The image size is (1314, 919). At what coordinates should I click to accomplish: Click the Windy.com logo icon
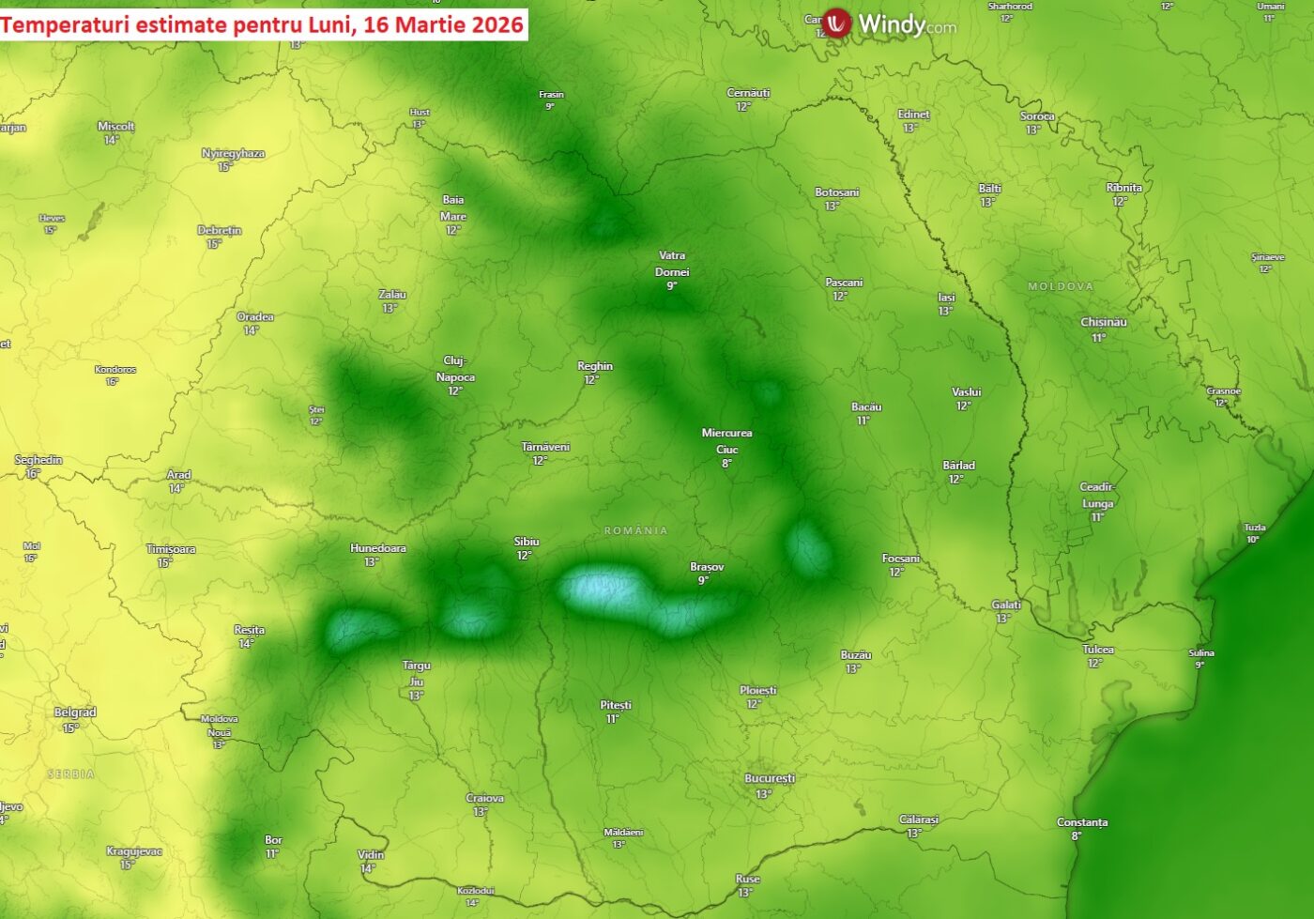click(x=836, y=23)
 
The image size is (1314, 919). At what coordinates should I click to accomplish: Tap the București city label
click(x=770, y=778)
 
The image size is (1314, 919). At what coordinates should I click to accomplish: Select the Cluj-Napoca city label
click(x=455, y=369)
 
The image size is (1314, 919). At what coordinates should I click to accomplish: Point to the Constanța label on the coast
click(x=1082, y=822)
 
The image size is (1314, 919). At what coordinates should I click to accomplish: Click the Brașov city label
click(x=707, y=567)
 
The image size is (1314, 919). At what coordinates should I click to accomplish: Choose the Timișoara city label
click(x=171, y=549)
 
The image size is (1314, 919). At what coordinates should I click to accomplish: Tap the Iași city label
click(x=946, y=298)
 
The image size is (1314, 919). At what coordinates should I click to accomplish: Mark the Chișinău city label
click(x=1104, y=322)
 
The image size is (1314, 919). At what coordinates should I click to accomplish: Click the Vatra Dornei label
click(x=672, y=264)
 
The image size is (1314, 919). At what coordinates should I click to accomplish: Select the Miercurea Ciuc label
click(x=727, y=441)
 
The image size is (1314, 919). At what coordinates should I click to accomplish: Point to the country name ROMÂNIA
click(x=636, y=530)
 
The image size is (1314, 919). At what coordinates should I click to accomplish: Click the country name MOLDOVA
click(x=1061, y=286)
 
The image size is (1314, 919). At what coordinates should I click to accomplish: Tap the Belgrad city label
click(x=75, y=712)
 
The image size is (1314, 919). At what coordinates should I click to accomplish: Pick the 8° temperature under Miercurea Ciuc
click(x=726, y=464)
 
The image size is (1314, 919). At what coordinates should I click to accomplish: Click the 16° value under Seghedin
click(x=32, y=474)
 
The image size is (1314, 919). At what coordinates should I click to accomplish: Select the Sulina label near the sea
click(x=1201, y=653)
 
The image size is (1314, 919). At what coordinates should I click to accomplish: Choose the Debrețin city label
click(x=220, y=230)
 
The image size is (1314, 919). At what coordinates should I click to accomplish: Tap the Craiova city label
click(x=485, y=798)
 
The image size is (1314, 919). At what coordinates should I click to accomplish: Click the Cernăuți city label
click(x=748, y=93)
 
